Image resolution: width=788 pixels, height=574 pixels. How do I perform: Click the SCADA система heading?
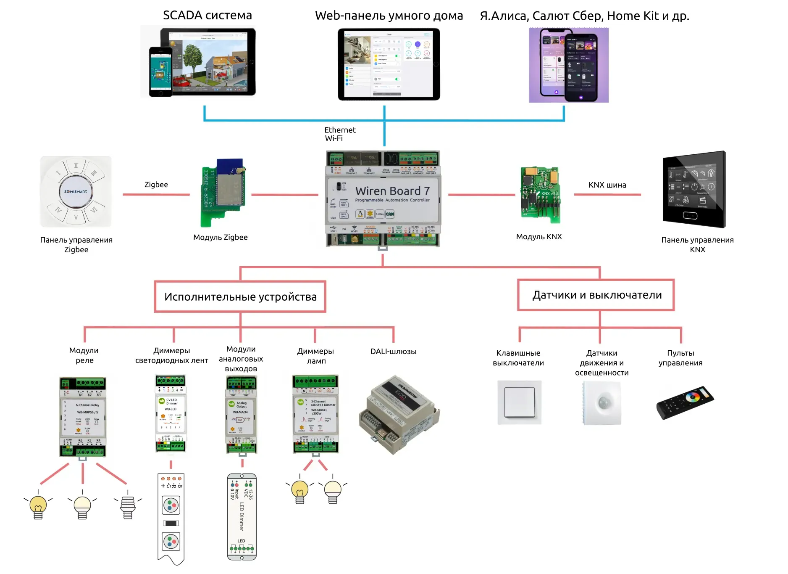pos(208,16)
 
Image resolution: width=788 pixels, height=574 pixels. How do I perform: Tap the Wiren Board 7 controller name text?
pos(392,191)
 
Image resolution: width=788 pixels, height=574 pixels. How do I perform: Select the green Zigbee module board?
pos(223,193)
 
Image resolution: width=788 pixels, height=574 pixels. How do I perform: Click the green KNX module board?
pos(540,194)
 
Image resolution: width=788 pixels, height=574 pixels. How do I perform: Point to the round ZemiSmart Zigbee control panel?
pos(76,192)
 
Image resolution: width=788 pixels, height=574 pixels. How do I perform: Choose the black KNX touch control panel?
pos(694,190)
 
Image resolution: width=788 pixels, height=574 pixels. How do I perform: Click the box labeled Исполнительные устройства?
pos(240,297)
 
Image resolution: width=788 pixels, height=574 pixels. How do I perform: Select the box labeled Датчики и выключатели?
pos(596,295)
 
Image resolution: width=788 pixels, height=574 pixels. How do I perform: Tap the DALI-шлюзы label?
pos(393,352)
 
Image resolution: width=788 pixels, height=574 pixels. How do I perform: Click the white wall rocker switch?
pos(520,402)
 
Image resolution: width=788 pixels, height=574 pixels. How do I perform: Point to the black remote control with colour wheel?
pos(685,402)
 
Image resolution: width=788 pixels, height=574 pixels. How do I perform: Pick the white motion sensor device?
pos(602,403)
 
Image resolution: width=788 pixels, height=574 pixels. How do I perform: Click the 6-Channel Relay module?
pos(83,416)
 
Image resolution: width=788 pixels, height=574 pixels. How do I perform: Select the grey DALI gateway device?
pos(399,415)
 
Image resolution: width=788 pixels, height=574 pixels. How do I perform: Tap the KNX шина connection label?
pos(607,185)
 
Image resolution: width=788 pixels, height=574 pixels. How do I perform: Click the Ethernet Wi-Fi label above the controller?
pos(339,134)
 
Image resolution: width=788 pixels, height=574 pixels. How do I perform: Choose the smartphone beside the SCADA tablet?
pos(161,72)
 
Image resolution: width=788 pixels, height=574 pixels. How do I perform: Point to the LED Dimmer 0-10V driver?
pos(242,517)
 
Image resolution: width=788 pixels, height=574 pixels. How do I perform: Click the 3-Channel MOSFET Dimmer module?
pos(315,414)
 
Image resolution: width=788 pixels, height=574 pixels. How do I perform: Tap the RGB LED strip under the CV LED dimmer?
pos(171,518)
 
